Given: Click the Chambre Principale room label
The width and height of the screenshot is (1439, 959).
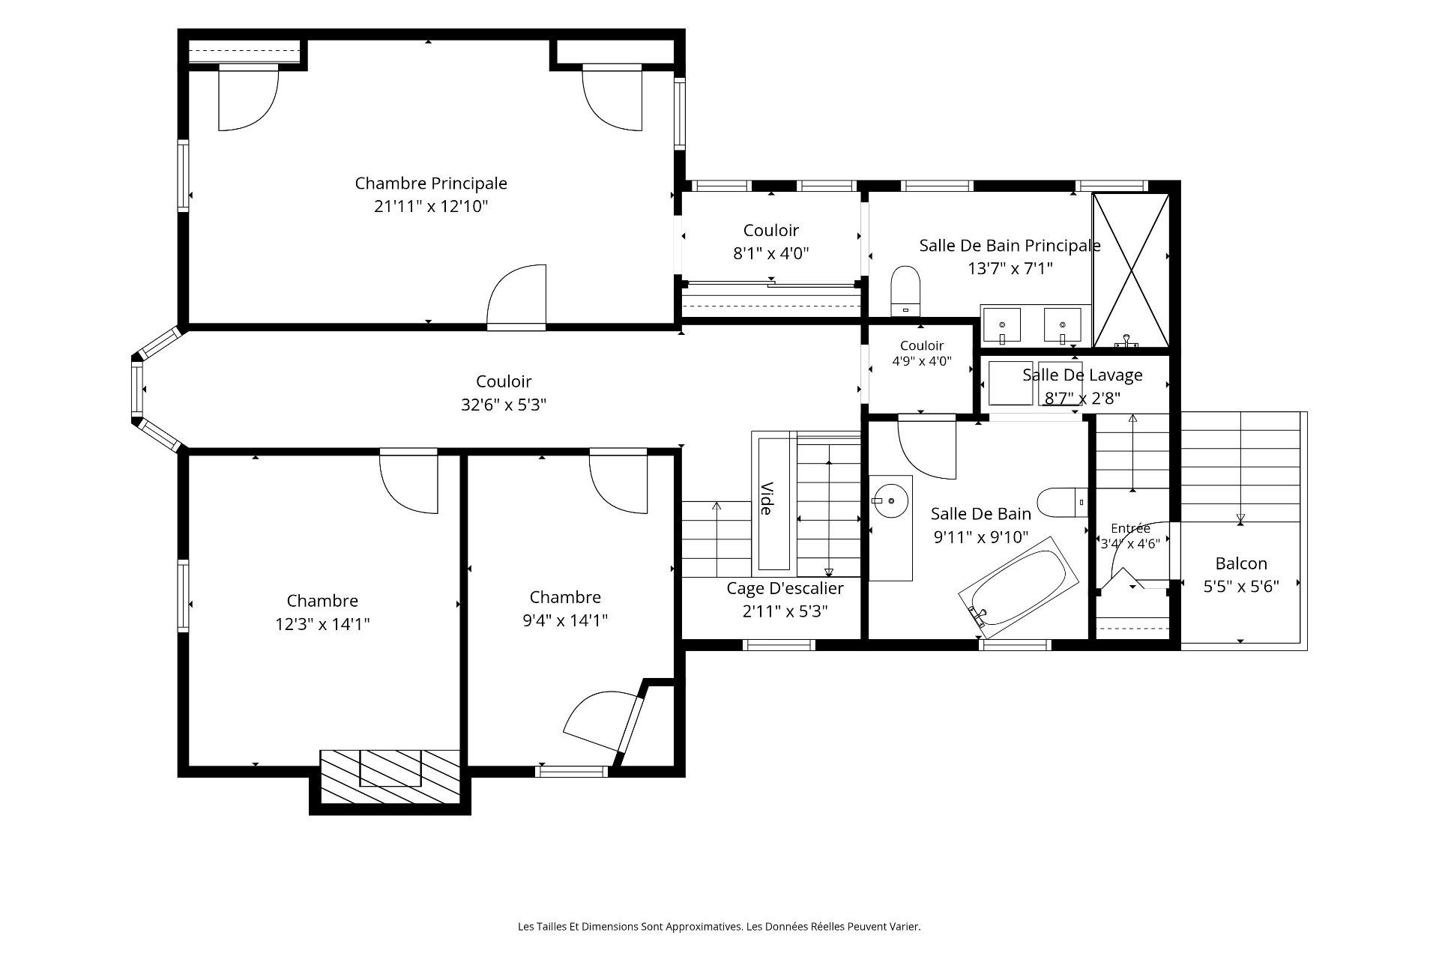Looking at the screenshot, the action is pyautogui.click(x=431, y=184).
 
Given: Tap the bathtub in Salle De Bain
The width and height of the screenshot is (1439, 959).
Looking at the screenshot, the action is pyautogui.click(x=1019, y=587).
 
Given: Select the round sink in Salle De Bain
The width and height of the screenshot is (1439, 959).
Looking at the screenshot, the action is pyautogui.click(x=890, y=499).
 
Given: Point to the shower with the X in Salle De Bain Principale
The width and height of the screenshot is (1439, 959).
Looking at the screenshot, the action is pyautogui.click(x=1131, y=270).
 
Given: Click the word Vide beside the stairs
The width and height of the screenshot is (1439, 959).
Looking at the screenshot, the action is pyautogui.click(x=766, y=498).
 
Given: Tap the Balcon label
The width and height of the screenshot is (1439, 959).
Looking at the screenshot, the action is pyautogui.click(x=1241, y=563).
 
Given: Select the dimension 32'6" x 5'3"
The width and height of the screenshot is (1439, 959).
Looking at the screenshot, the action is pyautogui.click(x=504, y=405).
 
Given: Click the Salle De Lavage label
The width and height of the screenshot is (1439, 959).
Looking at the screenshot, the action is pyautogui.click(x=1082, y=375).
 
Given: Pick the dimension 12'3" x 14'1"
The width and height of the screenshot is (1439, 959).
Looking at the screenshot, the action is pyautogui.click(x=322, y=624).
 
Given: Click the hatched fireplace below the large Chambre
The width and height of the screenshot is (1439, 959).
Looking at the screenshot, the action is pyautogui.click(x=390, y=777).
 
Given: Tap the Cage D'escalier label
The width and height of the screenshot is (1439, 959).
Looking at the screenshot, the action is pyautogui.click(x=785, y=588).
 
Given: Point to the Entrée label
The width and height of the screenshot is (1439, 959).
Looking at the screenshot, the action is pyautogui.click(x=1130, y=528).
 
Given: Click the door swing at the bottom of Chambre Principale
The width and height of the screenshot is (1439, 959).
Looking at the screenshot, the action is pyautogui.click(x=516, y=297).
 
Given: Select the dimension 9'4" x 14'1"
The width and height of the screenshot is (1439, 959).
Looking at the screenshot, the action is pyautogui.click(x=565, y=620).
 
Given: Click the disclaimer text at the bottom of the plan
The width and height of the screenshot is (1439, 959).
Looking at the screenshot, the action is pyautogui.click(x=719, y=927).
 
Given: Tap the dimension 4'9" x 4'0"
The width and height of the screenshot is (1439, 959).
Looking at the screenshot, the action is pyautogui.click(x=922, y=361).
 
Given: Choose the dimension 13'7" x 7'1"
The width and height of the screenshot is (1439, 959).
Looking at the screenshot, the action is pyautogui.click(x=1010, y=268).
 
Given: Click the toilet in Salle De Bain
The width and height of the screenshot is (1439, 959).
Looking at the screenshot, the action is pyautogui.click(x=1063, y=502).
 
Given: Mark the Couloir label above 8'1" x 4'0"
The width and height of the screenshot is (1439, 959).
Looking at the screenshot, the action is pyautogui.click(x=771, y=231).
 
